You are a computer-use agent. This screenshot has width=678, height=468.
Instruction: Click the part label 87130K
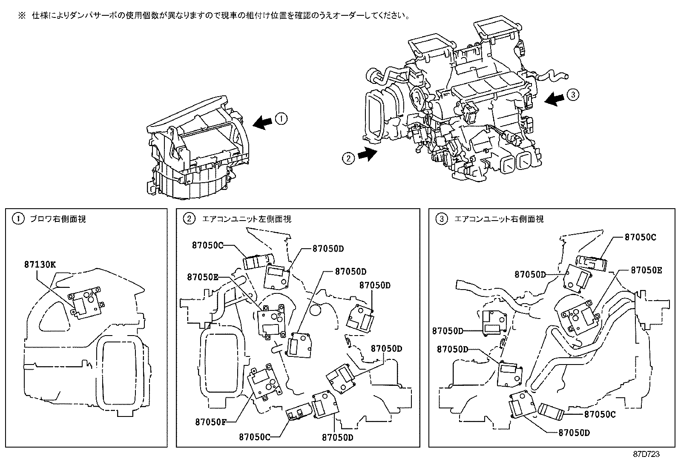(40, 264)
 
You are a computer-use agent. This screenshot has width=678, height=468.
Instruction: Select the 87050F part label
(210, 422)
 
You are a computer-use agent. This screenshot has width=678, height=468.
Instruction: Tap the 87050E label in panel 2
(202, 277)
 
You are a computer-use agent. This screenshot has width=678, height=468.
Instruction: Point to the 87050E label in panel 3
(646, 270)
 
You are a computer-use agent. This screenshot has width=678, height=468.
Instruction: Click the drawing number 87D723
(645, 454)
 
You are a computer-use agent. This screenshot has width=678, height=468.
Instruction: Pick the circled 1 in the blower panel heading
(18, 219)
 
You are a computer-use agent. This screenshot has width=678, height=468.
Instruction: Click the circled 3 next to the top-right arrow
(573, 95)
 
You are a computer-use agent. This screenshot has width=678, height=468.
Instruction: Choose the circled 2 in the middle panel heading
(188, 219)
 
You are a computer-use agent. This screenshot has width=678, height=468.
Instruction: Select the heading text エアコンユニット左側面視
(247, 219)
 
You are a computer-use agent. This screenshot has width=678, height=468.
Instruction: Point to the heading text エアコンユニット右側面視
(499, 219)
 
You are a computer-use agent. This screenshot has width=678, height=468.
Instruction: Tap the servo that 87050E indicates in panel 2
(271, 320)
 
